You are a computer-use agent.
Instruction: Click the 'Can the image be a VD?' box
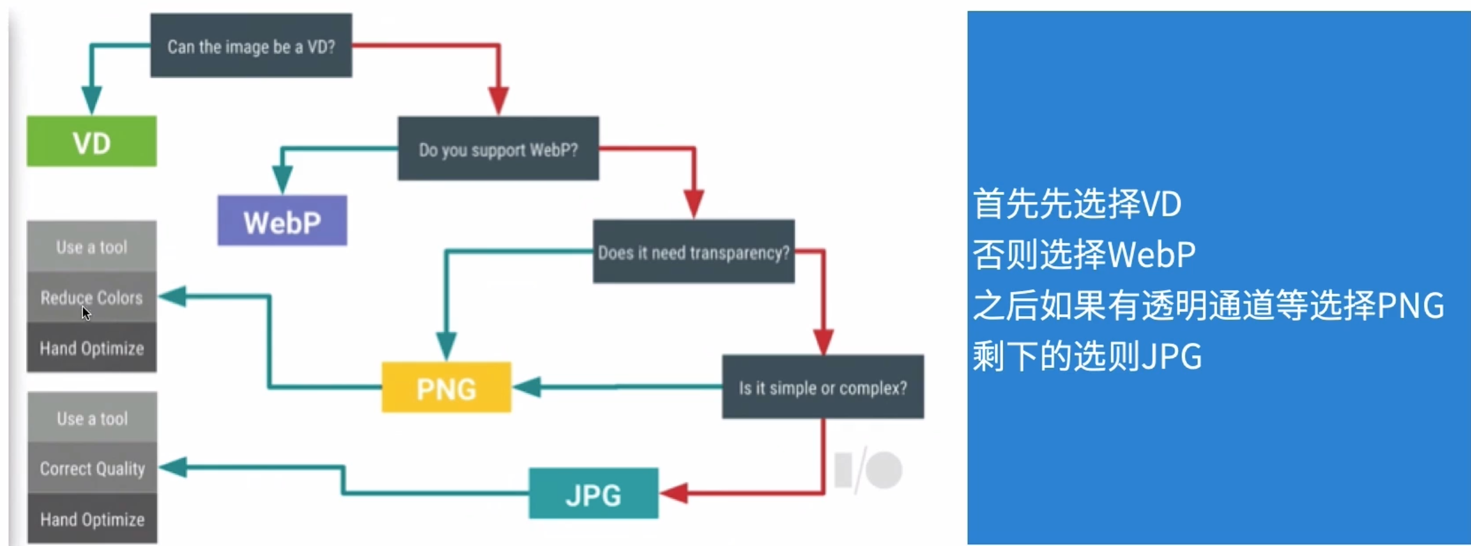click(251, 46)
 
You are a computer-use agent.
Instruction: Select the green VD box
click(92, 142)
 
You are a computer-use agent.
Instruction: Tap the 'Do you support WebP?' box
click(498, 149)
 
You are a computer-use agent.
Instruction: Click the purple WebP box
click(282, 221)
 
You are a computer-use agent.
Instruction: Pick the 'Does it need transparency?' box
click(694, 252)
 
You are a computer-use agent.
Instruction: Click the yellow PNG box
click(446, 387)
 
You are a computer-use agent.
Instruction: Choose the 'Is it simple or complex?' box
click(823, 387)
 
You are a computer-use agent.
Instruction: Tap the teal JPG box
click(593, 494)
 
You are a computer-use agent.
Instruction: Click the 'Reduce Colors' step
click(92, 297)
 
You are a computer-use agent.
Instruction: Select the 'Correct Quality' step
click(92, 468)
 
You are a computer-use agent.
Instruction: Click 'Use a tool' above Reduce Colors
click(92, 246)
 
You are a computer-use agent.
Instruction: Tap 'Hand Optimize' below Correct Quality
click(92, 519)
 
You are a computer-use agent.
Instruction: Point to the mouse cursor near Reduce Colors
click(86, 312)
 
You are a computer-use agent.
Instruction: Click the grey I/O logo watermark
click(868, 470)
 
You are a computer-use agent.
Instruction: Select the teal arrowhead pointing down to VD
click(91, 99)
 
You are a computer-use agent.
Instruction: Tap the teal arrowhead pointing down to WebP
click(282, 178)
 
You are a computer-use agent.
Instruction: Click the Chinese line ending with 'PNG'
click(1208, 306)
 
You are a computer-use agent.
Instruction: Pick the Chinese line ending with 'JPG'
click(1086, 356)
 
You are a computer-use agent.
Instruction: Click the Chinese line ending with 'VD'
click(1077, 204)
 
